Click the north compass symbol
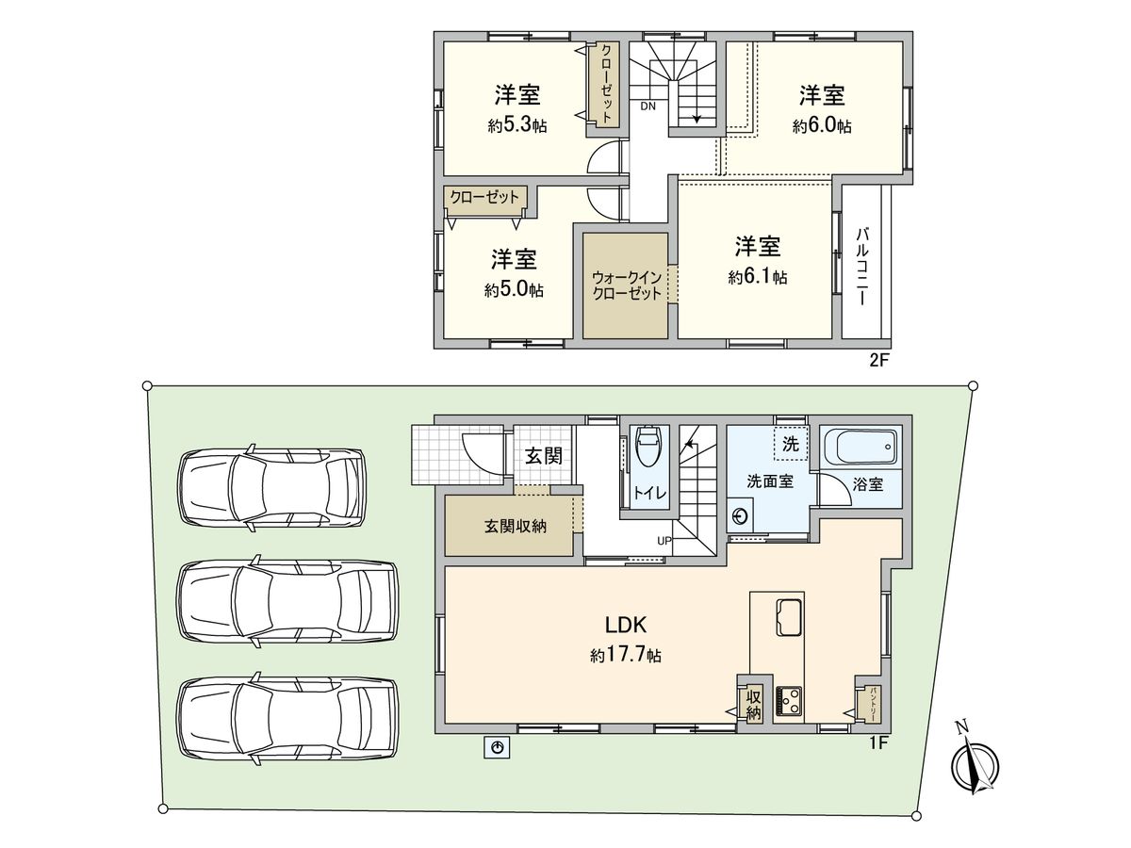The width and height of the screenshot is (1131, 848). click(975, 766)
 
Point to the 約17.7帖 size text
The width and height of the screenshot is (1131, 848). click(625, 655)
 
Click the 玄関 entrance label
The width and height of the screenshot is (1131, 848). click(544, 456)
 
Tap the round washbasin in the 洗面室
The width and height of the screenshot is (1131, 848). click(741, 516)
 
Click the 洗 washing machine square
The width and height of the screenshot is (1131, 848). click(790, 443)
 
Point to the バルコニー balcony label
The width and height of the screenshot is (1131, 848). click(861, 265)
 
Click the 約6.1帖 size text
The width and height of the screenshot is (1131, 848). click(757, 278)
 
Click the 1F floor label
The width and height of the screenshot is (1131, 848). click(878, 743)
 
